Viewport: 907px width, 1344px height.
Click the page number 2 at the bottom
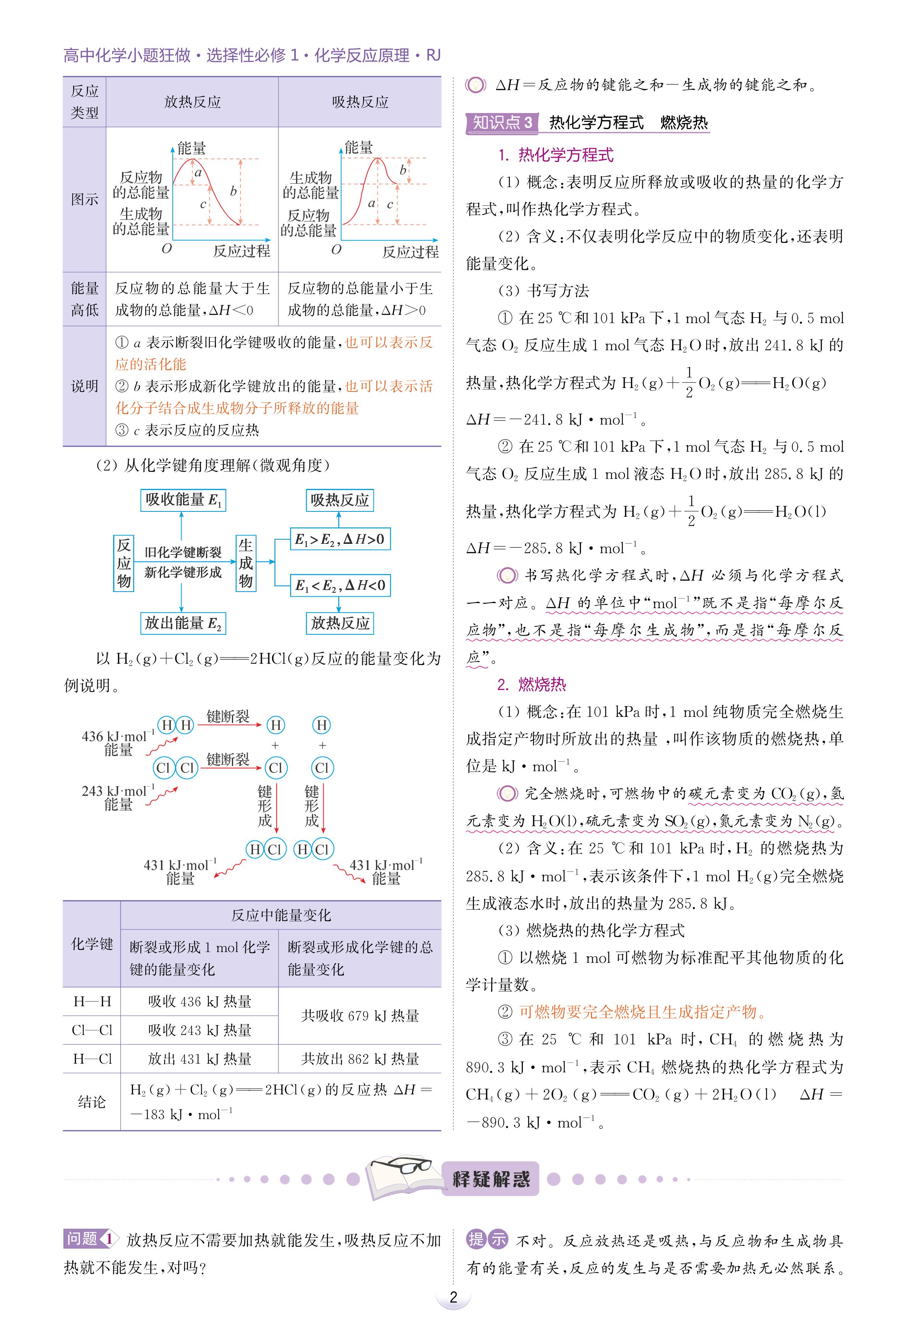[453, 1297]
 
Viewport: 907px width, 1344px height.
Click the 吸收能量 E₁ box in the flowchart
[183, 500]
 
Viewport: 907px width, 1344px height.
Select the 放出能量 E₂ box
[183, 623]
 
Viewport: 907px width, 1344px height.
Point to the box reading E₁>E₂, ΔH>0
[339, 539]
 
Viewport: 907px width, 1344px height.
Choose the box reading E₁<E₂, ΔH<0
[339, 585]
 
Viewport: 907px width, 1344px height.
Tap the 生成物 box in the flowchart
[246, 563]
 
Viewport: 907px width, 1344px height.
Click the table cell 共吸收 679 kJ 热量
[359, 1016]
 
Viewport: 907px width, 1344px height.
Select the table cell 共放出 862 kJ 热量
[359, 1059]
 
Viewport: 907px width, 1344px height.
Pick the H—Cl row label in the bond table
[92, 1059]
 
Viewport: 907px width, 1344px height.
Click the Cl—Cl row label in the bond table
[92, 1030]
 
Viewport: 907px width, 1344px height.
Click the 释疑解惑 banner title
[490, 1179]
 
